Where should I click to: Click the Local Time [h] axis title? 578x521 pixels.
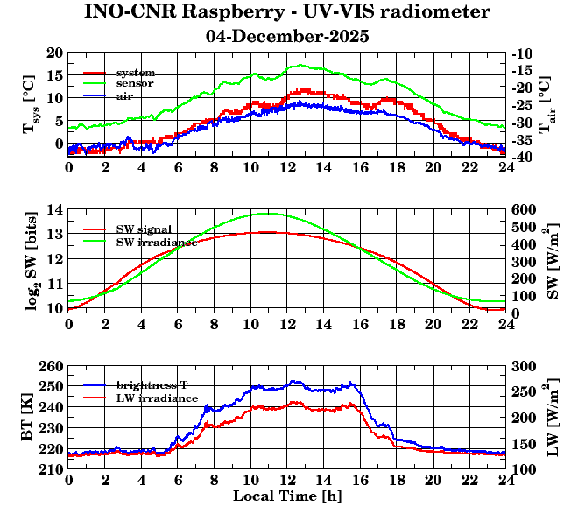click(287, 496)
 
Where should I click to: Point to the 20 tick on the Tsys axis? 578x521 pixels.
click(53, 53)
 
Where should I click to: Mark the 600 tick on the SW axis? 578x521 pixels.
click(525, 210)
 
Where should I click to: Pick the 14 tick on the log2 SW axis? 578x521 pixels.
click(53, 210)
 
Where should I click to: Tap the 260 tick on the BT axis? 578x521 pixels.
click(50, 367)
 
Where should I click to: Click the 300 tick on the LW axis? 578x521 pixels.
click(525, 367)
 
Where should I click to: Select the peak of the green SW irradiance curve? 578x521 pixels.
click(268, 213)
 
